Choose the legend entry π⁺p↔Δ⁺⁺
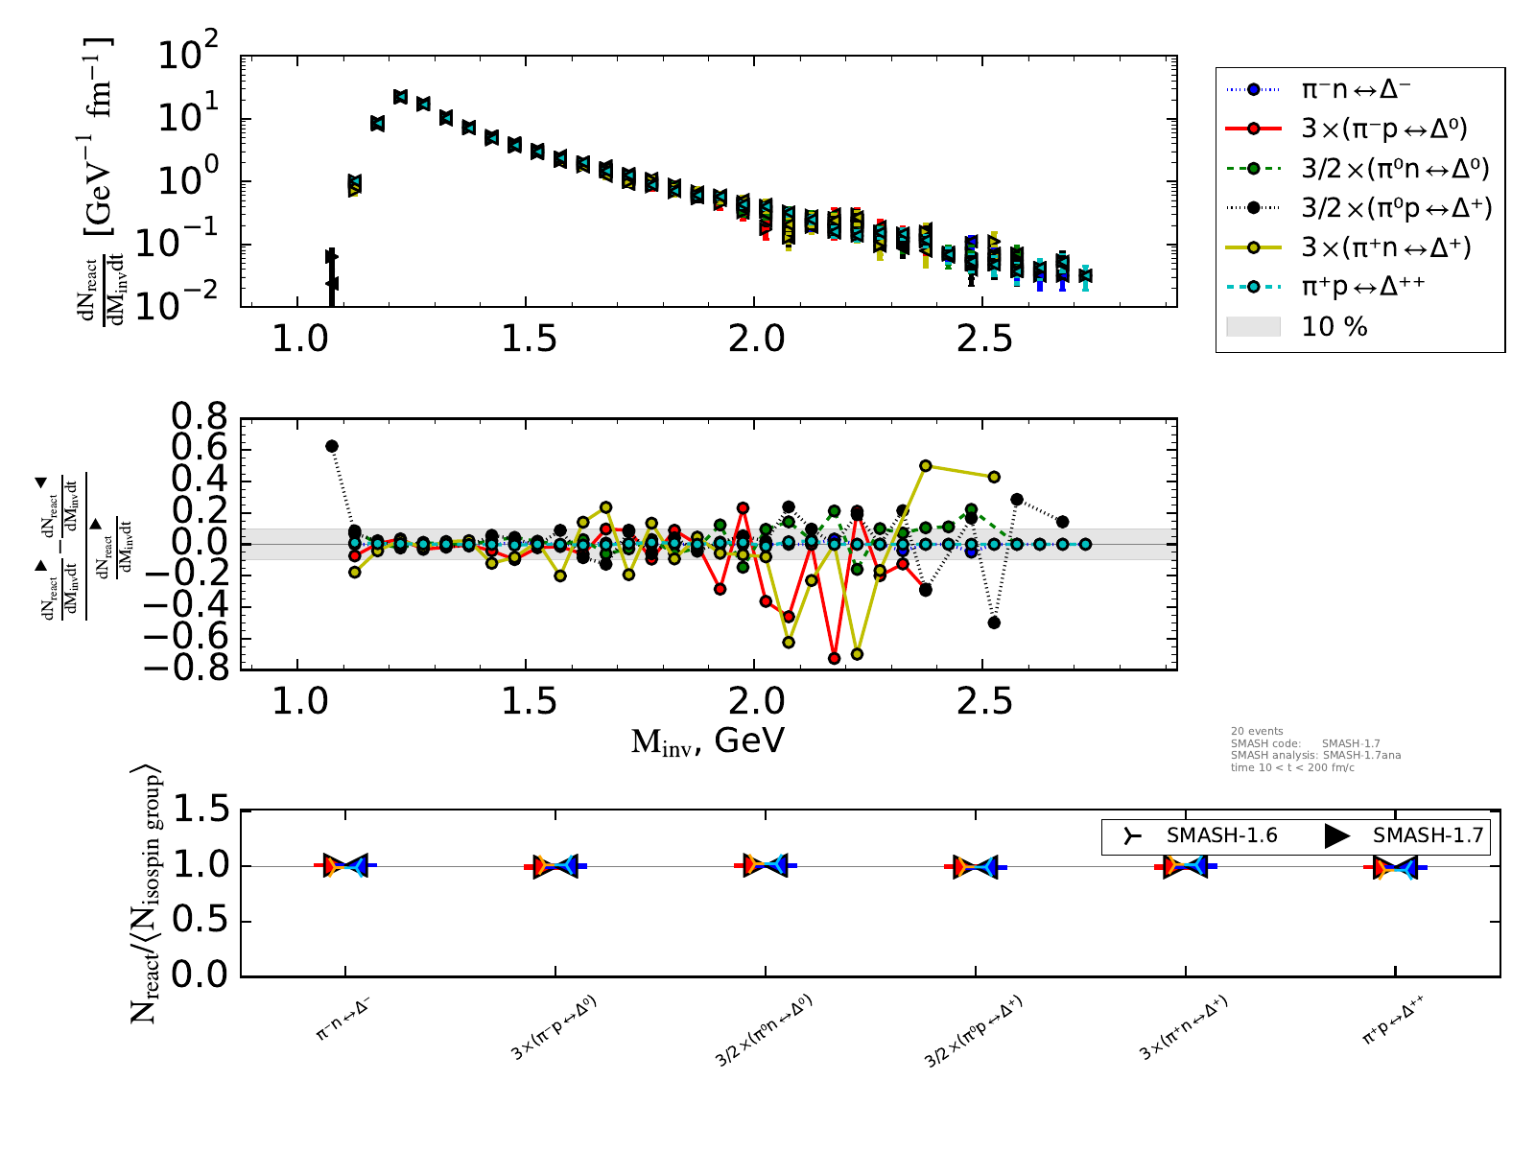point(1362,287)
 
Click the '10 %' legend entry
point(1334,327)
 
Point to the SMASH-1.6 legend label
point(1221,835)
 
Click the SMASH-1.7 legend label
point(1428,835)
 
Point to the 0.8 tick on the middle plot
point(200,417)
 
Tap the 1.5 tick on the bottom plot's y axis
point(200,811)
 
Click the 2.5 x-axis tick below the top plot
point(985,339)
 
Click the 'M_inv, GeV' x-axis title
point(708,740)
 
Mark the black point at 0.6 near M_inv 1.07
point(332,446)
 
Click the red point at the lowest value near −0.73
point(835,658)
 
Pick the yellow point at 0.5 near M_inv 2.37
point(926,466)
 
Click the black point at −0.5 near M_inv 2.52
point(994,622)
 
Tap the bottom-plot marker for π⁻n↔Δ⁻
point(345,865)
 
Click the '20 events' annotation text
point(1257,731)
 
